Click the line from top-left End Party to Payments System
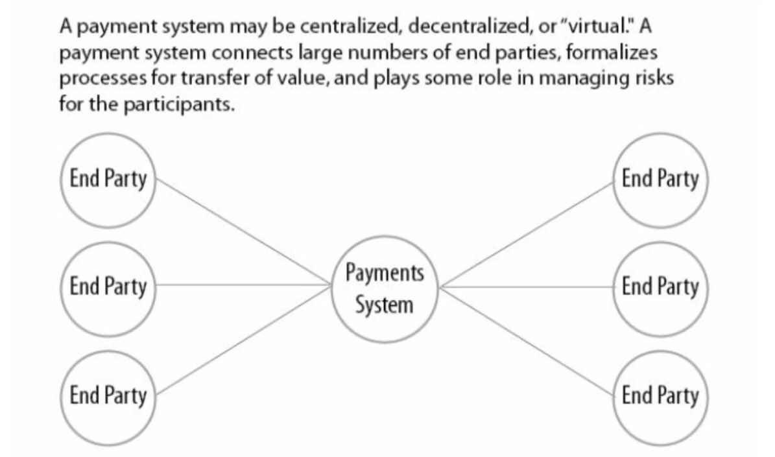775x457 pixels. (x=244, y=231)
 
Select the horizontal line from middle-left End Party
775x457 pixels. (x=244, y=285)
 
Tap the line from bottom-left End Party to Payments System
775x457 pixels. (x=244, y=340)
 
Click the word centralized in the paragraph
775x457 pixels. (x=351, y=26)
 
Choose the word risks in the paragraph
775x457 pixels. (x=654, y=78)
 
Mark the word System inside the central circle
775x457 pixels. (x=384, y=305)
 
